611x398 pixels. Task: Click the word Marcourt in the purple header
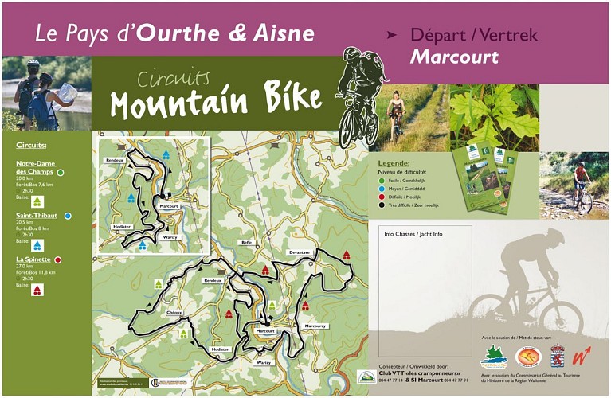(x=454, y=57)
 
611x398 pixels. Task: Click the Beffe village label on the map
(x=246, y=242)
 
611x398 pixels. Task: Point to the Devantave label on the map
(x=300, y=252)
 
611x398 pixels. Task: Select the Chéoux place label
(x=174, y=312)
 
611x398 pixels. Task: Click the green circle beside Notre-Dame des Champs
(x=61, y=172)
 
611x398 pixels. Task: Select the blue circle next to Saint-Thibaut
(x=68, y=216)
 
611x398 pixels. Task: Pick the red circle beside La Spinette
(x=58, y=259)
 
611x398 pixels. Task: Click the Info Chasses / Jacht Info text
(x=413, y=234)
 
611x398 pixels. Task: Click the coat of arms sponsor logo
(x=558, y=355)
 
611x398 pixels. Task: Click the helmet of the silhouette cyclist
(x=554, y=236)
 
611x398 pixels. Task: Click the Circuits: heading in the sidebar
(x=31, y=146)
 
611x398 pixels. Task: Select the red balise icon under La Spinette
(x=37, y=290)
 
